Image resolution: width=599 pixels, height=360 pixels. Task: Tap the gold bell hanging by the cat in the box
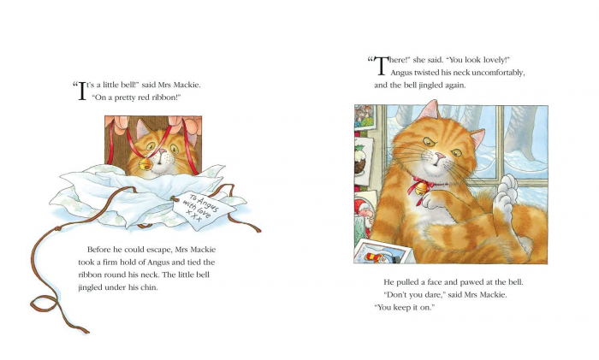pyautogui.click(x=145, y=159)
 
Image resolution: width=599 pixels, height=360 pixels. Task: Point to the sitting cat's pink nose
pyautogui.click(x=437, y=157)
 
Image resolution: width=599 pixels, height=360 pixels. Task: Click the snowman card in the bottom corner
pyautogui.click(x=383, y=253)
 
